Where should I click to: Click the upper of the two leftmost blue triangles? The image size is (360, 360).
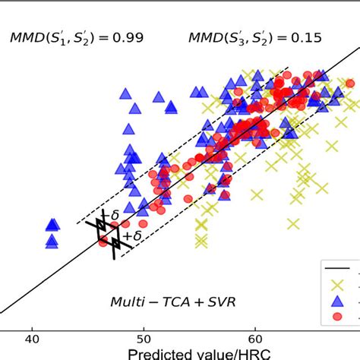coord(52,224)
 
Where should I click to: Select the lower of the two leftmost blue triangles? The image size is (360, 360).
coord(52,241)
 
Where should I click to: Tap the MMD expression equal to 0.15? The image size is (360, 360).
coord(239,36)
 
